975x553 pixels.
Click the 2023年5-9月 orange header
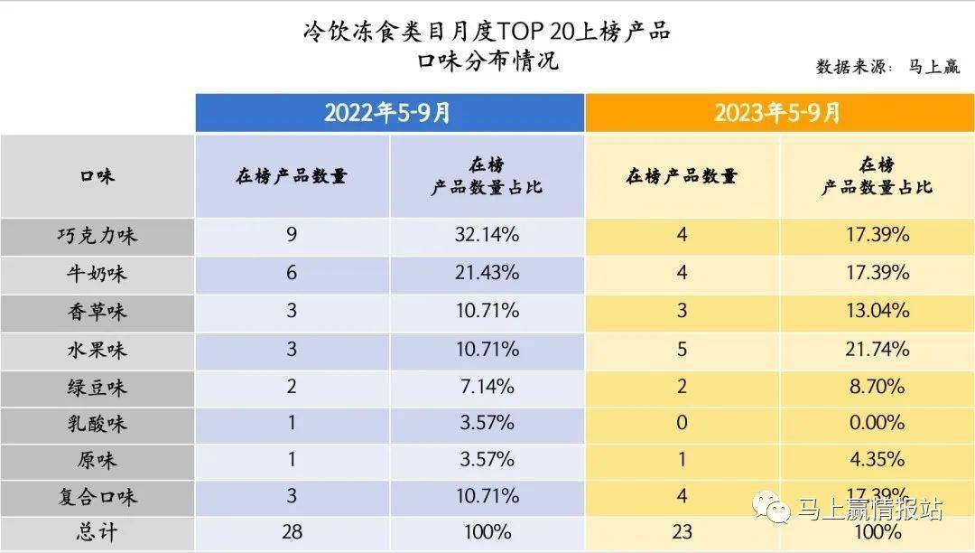tap(778, 113)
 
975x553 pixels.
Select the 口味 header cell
tap(97, 176)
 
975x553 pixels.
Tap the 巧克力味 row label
tap(97, 236)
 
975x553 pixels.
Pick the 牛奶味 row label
tap(97, 274)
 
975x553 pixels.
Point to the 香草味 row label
tap(97, 312)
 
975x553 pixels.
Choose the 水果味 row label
tap(97, 350)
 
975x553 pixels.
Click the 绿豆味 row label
tap(97, 388)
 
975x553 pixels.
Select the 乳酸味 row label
tap(97, 424)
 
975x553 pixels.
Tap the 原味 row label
tap(97, 460)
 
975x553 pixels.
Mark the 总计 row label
tap(97, 532)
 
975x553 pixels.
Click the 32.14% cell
tap(487, 236)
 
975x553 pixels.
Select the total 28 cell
tap(292, 532)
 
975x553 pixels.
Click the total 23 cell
tap(682, 532)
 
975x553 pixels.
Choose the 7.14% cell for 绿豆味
tap(487, 387)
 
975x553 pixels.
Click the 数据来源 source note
tap(887, 67)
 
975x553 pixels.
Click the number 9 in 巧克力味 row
tap(292, 236)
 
